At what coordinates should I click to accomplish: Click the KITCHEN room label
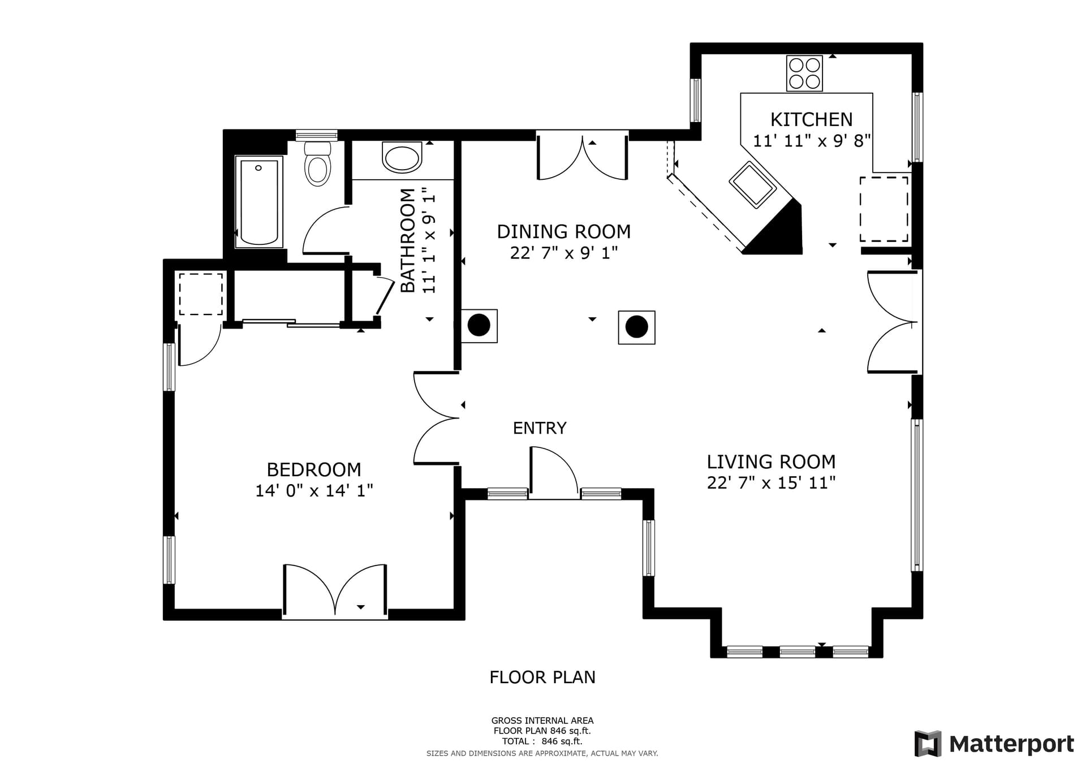tap(811, 119)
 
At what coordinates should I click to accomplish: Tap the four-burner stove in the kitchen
tap(804, 74)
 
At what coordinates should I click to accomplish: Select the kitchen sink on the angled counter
tap(752, 184)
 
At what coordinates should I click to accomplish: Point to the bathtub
tap(259, 202)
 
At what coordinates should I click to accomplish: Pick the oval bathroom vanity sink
tap(402, 158)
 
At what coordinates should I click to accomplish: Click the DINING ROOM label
tap(563, 231)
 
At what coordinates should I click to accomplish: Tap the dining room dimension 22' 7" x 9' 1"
tap(563, 253)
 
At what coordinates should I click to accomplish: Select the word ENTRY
tap(539, 428)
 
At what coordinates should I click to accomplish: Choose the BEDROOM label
tap(313, 469)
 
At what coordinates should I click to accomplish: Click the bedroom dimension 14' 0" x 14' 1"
tap(313, 490)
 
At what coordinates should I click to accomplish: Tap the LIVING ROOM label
tap(771, 461)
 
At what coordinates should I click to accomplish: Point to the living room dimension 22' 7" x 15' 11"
tap(771, 483)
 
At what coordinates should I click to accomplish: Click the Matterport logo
tap(994, 744)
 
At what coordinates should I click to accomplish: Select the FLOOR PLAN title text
tap(542, 677)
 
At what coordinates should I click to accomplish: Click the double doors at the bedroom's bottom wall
tap(335, 591)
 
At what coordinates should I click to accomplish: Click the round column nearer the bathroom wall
tap(479, 325)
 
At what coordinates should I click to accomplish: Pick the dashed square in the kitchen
tap(884, 209)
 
